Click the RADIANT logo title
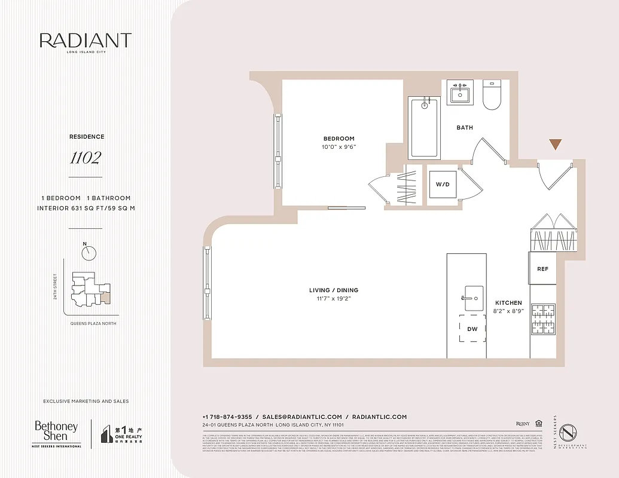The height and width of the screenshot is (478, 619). tap(85, 41)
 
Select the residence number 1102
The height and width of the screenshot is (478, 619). tap(85, 158)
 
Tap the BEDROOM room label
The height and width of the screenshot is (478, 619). tap(339, 139)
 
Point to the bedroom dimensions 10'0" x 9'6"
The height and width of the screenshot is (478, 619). tap(339, 147)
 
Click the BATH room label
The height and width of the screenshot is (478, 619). tap(465, 127)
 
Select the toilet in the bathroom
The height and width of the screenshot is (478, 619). tap(492, 96)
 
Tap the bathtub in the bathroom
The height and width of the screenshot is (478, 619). tap(424, 127)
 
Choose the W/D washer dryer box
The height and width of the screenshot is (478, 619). tap(443, 184)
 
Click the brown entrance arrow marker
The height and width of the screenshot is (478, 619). tap(556, 144)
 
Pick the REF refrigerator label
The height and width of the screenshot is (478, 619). tap(542, 269)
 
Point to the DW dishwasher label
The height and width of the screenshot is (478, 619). tap(472, 329)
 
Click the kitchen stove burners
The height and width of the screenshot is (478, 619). tap(543, 319)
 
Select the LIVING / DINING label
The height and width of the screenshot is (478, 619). tap(334, 290)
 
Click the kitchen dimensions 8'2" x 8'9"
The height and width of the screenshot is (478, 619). tap(508, 311)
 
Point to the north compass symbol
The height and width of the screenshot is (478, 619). tap(89, 253)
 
